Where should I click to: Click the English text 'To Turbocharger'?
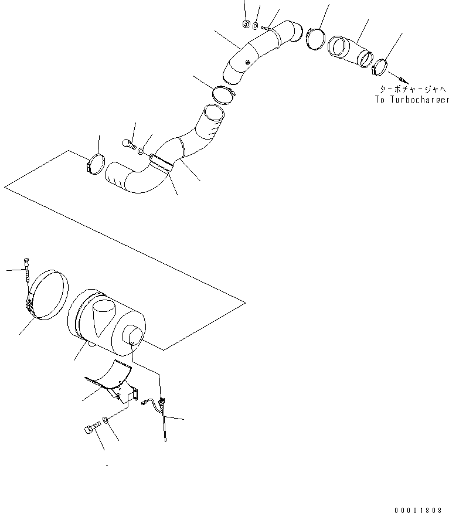(412, 100)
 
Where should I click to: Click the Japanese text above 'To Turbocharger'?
(413, 89)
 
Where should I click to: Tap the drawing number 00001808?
(419, 509)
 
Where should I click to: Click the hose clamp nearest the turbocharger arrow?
(379, 67)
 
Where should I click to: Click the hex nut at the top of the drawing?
(246, 24)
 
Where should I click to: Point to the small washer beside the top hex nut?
(256, 26)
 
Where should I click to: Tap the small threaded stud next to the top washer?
(266, 29)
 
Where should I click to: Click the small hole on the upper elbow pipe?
(247, 61)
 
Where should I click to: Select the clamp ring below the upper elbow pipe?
(224, 95)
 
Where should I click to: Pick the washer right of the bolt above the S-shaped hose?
(141, 151)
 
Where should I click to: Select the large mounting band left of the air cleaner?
(49, 295)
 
